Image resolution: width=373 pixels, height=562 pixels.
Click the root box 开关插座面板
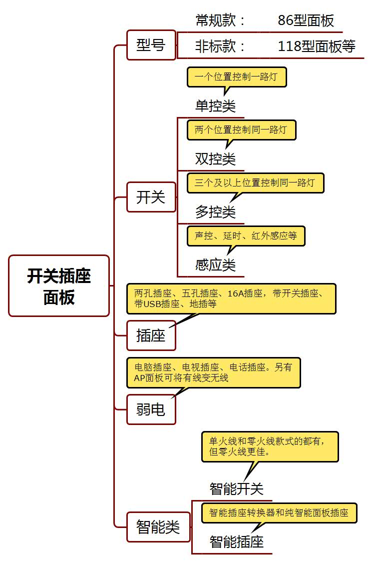click(x=59, y=285)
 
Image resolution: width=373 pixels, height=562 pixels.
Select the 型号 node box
click(x=151, y=45)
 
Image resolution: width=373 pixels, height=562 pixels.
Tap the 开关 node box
click(x=151, y=197)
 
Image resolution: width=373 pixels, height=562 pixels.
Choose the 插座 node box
click(x=151, y=335)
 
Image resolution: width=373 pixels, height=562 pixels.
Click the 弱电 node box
click(x=151, y=409)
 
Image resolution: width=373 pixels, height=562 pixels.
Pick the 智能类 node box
click(x=158, y=526)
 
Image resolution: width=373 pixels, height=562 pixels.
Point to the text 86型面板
click(x=306, y=20)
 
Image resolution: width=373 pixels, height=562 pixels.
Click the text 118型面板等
click(x=317, y=46)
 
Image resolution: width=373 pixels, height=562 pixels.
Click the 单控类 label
click(x=215, y=106)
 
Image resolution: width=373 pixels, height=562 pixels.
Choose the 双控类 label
click(x=215, y=159)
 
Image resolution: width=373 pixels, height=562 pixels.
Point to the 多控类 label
click(x=215, y=212)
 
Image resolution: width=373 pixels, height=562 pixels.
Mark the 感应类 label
click(x=215, y=265)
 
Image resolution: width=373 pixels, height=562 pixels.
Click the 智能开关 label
click(x=236, y=488)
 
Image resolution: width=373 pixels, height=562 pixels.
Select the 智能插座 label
click(x=236, y=541)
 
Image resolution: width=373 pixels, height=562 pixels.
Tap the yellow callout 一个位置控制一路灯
click(x=237, y=77)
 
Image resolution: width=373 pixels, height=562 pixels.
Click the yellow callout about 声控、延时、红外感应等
click(x=246, y=236)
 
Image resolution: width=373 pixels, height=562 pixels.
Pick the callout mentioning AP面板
click(x=213, y=372)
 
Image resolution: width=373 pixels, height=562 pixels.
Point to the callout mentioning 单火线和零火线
click(x=270, y=446)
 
